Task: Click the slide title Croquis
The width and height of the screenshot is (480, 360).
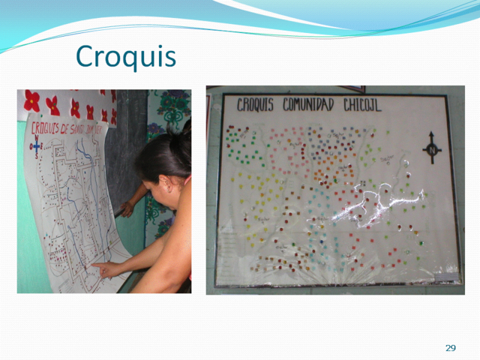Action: pyautogui.click(x=126, y=55)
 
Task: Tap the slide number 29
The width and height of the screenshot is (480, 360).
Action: pyautogui.click(x=450, y=348)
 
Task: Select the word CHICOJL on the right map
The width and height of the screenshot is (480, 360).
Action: pyautogui.click(x=363, y=105)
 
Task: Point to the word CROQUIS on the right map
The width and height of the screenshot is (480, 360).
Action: pyautogui.click(x=256, y=105)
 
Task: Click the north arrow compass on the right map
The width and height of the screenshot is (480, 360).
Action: pyautogui.click(x=432, y=147)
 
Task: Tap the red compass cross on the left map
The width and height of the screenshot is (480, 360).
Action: pyautogui.click(x=35, y=149)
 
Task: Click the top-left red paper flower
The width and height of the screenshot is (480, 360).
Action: pyautogui.click(x=31, y=100)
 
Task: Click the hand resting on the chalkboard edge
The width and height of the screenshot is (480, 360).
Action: pyautogui.click(x=128, y=208)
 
